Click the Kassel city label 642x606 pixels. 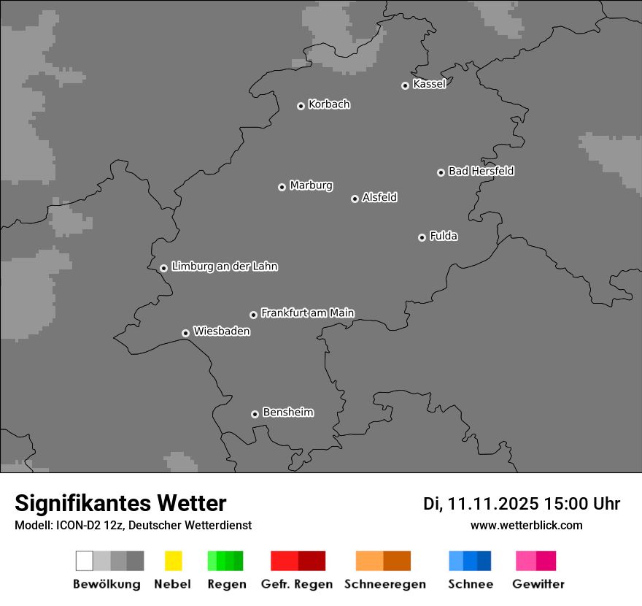pos(429,84)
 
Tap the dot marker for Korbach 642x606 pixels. pos(301,106)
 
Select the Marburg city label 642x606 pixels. pos(311,185)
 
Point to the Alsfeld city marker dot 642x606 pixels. pos(355,199)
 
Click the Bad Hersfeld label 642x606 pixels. pos(481,171)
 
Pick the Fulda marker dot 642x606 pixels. pos(422,237)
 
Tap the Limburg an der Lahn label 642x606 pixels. pos(224,266)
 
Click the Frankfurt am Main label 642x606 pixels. pos(307,313)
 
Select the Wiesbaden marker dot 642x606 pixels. pos(185,333)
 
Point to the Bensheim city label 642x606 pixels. pos(287,413)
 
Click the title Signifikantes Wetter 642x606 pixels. pos(120,504)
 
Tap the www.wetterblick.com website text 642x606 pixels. pos(526,526)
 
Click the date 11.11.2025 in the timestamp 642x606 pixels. pos(492,504)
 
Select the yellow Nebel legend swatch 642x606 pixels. pos(173,561)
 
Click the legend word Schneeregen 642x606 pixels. pos(384,584)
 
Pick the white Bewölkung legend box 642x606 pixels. pos(84,561)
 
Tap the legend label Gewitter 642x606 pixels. pos(538,584)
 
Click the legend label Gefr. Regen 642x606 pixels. pos(297,584)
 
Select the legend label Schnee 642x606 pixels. pos(470,584)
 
